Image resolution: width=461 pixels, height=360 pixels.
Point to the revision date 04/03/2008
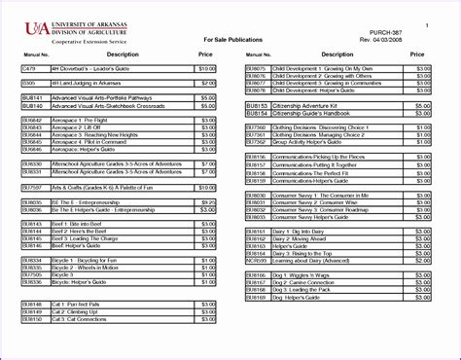[x=412, y=39]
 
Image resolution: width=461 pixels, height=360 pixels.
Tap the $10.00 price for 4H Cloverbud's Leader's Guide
[x=206, y=69]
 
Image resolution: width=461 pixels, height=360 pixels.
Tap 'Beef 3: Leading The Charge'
[x=84, y=237]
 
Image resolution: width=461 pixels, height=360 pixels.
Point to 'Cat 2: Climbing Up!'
[x=73, y=311]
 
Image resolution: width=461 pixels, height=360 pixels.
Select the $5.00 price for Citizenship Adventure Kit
[x=421, y=104]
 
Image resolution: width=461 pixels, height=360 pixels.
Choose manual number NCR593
[x=256, y=260]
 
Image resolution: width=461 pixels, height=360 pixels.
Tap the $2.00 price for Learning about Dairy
[x=421, y=260]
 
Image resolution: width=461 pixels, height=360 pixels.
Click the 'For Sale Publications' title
[x=230, y=40]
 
